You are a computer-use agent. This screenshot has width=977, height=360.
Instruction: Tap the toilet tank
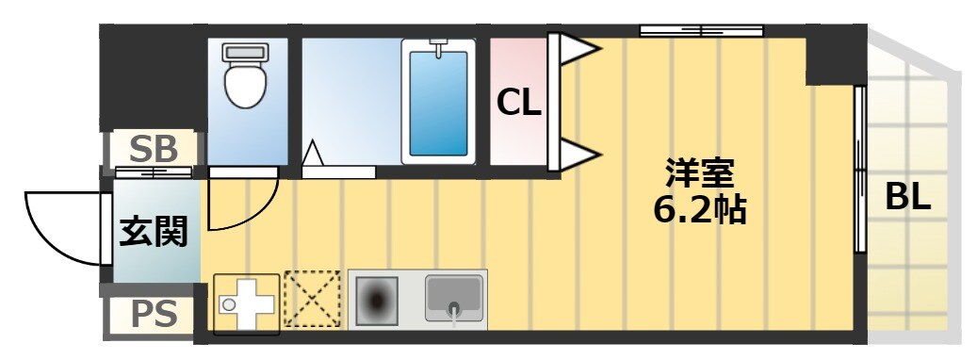(x=245, y=53)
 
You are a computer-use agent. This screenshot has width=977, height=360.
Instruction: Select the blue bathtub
(x=438, y=104)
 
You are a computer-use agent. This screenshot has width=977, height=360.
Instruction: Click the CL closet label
(x=518, y=104)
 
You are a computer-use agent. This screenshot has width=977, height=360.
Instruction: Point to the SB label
(x=154, y=150)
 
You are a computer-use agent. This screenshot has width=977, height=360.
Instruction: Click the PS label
(x=154, y=315)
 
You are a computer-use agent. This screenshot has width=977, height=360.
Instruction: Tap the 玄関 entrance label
(x=154, y=232)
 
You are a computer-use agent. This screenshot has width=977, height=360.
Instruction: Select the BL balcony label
(x=908, y=198)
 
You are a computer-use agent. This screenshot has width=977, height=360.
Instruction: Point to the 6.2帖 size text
(x=700, y=210)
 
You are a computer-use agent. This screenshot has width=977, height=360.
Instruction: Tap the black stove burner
(x=376, y=301)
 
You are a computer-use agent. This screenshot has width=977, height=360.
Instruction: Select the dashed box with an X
(x=312, y=299)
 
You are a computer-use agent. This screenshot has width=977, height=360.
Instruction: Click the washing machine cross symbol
(x=246, y=304)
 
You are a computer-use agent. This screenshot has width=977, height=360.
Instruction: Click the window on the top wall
(x=702, y=30)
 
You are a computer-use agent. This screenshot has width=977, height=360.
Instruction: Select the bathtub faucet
(x=439, y=47)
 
